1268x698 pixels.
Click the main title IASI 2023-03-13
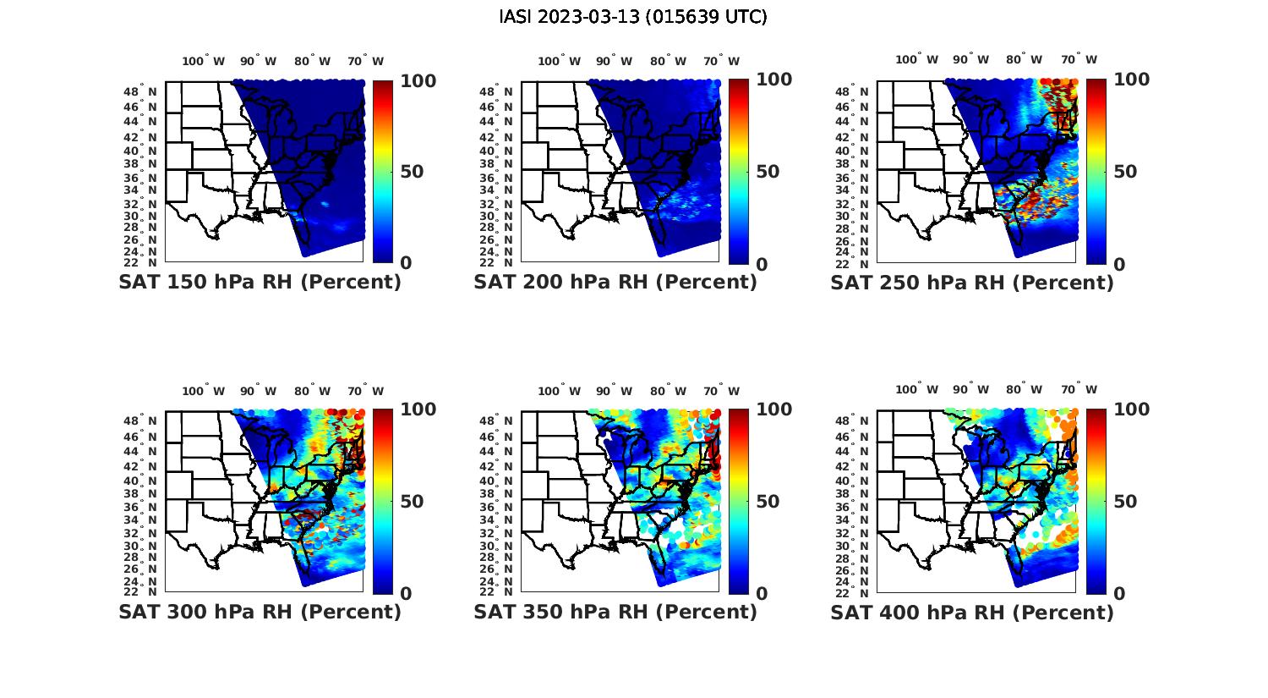click(633, 17)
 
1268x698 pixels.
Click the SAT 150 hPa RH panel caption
click(260, 283)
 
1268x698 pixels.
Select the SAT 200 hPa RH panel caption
click(615, 283)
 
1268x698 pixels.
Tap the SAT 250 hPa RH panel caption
click(972, 283)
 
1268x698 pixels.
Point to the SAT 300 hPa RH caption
click(260, 612)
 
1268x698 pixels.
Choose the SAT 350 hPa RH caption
click(615, 612)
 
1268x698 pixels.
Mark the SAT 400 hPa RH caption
click(972, 612)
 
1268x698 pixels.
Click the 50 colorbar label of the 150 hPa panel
click(412, 172)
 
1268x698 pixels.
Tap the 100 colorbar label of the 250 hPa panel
click(1131, 80)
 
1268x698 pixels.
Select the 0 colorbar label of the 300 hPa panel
click(406, 594)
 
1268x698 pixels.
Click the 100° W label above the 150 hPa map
click(204, 61)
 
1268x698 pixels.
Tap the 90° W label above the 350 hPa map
click(615, 391)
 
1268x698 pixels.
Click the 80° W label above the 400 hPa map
click(1024, 390)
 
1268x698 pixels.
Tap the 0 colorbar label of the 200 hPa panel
click(762, 264)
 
